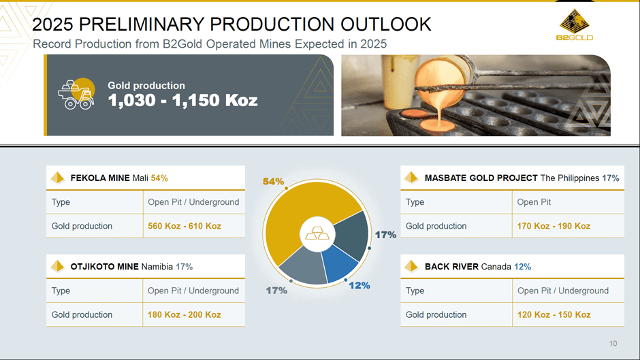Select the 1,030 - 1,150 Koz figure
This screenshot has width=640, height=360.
click(182, 101)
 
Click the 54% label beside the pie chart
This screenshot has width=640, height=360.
click(273, 182)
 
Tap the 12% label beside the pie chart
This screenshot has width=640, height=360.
click(359, 285)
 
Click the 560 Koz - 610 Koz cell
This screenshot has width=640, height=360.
click(185, 226)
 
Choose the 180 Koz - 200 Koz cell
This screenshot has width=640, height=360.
click(185, 314)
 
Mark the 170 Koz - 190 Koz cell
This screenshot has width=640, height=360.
click(554, 226)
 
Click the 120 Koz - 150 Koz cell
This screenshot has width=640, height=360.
click(554, 314)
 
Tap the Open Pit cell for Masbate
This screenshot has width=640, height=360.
click(534, 202)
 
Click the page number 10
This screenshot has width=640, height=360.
click(613, 344)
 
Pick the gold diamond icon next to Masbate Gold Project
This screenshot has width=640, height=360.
click(411, 178)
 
